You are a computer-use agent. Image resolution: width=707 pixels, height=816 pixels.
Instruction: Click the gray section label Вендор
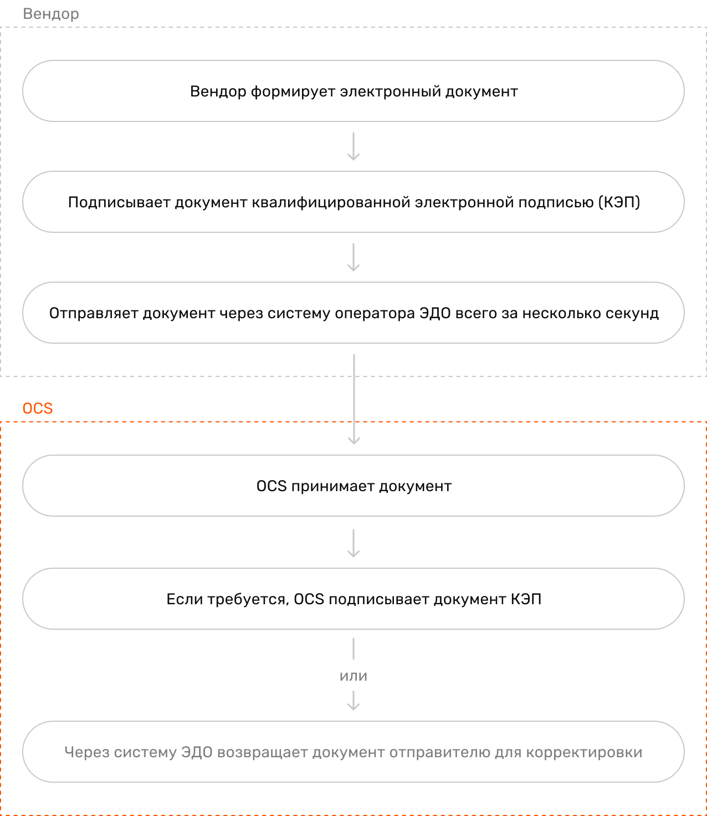pyautogui.click(x=51, y=14)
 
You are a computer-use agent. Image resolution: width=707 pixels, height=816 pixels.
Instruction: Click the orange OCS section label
pyautogui.click(x=38, y=408)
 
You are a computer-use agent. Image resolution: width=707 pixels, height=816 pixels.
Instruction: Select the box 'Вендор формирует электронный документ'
pyautogui.click(x=353, y=91)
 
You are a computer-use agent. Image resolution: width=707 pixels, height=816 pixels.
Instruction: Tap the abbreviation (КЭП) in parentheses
pyautogui.click(x=619, y=202)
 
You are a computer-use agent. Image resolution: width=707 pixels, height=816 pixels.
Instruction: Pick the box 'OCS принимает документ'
pyautogui.click(x=353, y=486)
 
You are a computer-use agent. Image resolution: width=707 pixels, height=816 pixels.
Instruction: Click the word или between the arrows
pyautogui.click(x=353, y=676)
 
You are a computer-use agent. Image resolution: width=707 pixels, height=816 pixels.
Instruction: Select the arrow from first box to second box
pyautogui.click(x=353, y=146)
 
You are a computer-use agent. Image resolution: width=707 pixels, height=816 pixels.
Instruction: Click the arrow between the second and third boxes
pyautogui.click(x=353, y=257)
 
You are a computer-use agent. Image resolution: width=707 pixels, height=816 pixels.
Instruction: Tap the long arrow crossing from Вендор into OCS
pyautogui.click(x=354, y=399)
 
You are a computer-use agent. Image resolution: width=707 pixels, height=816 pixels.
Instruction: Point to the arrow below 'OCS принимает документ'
pyautogui.click(x=353, y=543)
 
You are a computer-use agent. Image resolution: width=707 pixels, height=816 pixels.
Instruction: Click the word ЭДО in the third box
pyautogui.click(x=435, y=313)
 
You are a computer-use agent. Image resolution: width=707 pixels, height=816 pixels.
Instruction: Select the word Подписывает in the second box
pyautogui.click(x=119, y=202)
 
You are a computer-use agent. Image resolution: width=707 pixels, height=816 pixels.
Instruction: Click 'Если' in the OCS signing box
pyautogui.click(x=185, y=599)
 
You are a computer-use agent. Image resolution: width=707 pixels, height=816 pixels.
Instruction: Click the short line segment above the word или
pyautogui.click(x=353, y=649)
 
